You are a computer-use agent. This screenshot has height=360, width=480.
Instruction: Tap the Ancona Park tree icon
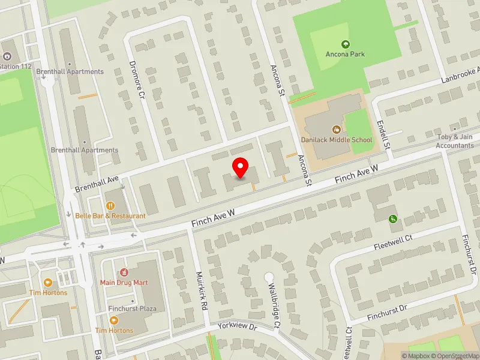[345, 44]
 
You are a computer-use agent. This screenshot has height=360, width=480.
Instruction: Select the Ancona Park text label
[345, 55]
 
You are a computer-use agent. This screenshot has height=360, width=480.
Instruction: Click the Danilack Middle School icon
[337, 129]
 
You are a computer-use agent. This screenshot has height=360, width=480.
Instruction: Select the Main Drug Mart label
[124, 282]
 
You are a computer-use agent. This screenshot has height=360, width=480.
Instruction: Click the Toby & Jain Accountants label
[455, 141]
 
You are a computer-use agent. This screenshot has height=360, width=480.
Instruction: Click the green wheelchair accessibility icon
[393, 219]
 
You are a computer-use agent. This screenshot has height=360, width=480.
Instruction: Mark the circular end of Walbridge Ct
[269, 277]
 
